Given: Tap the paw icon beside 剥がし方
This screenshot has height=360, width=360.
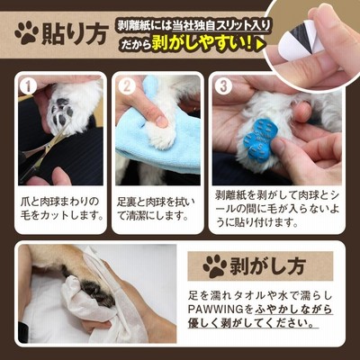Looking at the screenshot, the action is tap(215, 266).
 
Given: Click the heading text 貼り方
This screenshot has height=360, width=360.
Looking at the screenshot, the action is tap(75, 34).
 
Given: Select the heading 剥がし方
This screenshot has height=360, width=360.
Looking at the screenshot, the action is tap(267, 266).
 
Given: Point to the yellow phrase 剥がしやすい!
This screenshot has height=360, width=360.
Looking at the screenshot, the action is tap(202, 44).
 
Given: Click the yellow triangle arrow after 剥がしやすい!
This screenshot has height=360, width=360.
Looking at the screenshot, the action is tap(260, 44).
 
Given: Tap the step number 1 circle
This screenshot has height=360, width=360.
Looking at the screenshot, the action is tap(28, 85).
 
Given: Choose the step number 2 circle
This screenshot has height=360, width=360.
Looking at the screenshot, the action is tap(126, 85).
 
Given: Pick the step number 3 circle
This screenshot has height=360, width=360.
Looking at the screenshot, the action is tap(223, 85).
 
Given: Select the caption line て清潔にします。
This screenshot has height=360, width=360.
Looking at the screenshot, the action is tap(152, 216).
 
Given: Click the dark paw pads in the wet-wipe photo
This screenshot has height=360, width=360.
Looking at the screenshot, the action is tap(95, 293).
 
